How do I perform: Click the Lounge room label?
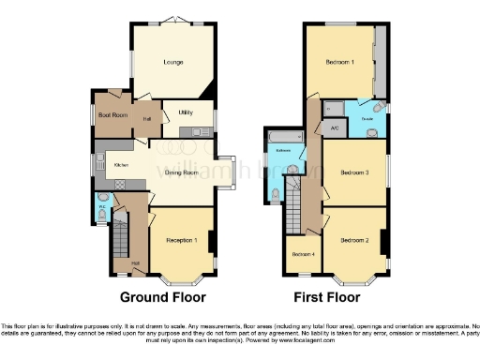pyautogui.click(x=172, y=63)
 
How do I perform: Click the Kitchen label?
pyautogui.click(x=121, y=164)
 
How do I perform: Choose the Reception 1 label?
pyautogui.click(x=181, y=241)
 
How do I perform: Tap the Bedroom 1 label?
pyautogui.click(x=339, y=63)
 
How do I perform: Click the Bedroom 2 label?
pyautogui.click(x=353, y=240)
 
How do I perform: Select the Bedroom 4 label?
pyautogui.click(x=303, y=254)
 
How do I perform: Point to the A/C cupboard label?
pyautogui.click(x=334, y=128)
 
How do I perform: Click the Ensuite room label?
pyautogui.click(x=367, y=119)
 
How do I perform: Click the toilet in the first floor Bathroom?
pyautogui.click(x=275, y=194)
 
